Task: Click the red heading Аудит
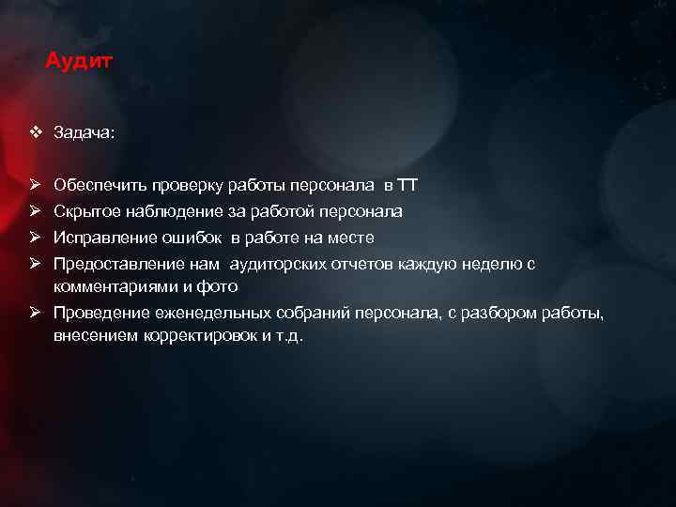point(79,62)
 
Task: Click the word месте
point(353,238)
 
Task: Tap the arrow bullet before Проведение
point(35,313)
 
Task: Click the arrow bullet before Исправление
point(35,238)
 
